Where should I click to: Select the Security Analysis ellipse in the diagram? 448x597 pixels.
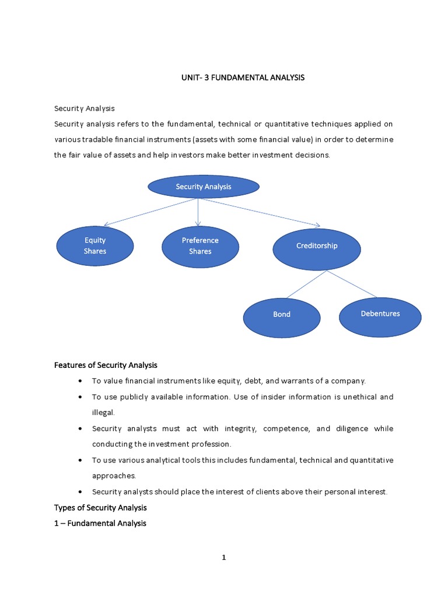pos(204,187)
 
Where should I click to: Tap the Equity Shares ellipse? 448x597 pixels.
pos(95,245)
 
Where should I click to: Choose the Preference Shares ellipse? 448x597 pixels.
pos(200,245)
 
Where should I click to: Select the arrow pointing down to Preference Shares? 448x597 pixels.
pos(198,212)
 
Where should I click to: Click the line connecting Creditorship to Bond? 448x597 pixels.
pos(307,285)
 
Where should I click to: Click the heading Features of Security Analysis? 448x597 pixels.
pos(106,365)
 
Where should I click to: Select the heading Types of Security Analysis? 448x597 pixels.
pos(100,508)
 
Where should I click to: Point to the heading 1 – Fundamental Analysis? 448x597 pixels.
pos(100,523)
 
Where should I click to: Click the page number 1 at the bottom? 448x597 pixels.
pos(223,557)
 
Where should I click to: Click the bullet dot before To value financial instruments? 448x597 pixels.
pos(80,381)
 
